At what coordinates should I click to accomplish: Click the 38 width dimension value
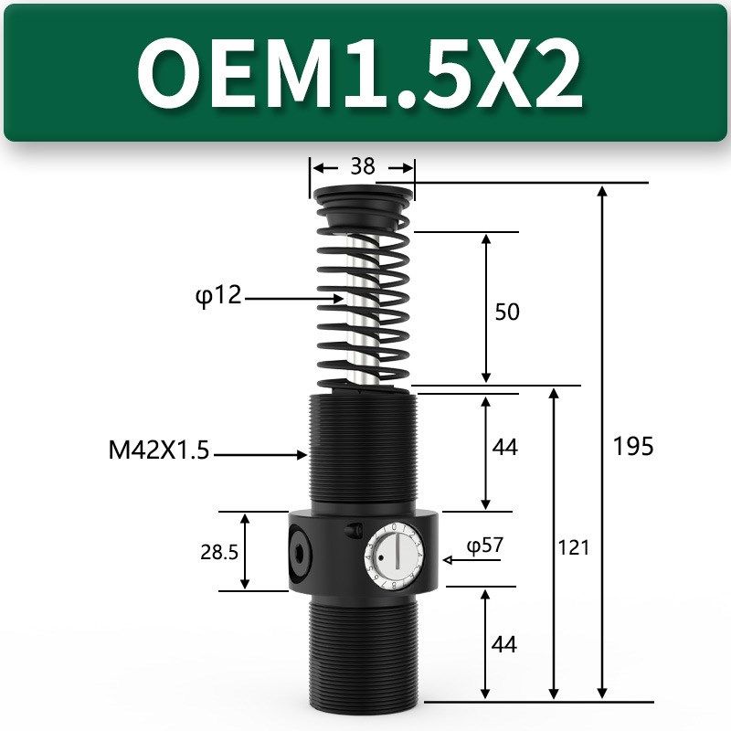tap(363, 167)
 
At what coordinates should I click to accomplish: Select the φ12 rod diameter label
tap(218, 297)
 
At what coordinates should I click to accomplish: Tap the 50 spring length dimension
tap(506, 312)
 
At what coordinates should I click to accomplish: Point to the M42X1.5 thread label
tap(157, 451)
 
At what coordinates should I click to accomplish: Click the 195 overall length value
tap(633, 446)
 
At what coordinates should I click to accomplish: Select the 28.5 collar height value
tap(218, 552)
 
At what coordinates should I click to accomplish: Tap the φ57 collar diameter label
tap(485, 546)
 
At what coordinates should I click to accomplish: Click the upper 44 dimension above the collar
tap(504, 447)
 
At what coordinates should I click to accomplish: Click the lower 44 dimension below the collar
tap(504, 644)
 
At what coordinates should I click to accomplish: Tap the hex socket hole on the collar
tap(300, 551)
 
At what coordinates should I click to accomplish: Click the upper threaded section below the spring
tap(364, 448)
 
